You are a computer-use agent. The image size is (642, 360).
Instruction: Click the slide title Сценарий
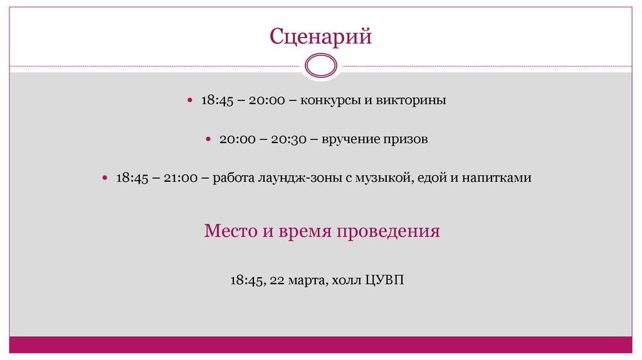[320, 36]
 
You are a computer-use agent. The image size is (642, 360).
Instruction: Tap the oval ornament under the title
[320, 65]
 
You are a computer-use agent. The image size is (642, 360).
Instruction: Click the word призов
[406, 139]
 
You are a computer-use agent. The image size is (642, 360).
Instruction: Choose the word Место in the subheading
[229, 231]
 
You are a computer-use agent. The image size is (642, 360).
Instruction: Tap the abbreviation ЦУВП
[387, 280]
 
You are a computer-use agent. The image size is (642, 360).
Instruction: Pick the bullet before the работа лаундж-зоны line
[106, 178]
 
